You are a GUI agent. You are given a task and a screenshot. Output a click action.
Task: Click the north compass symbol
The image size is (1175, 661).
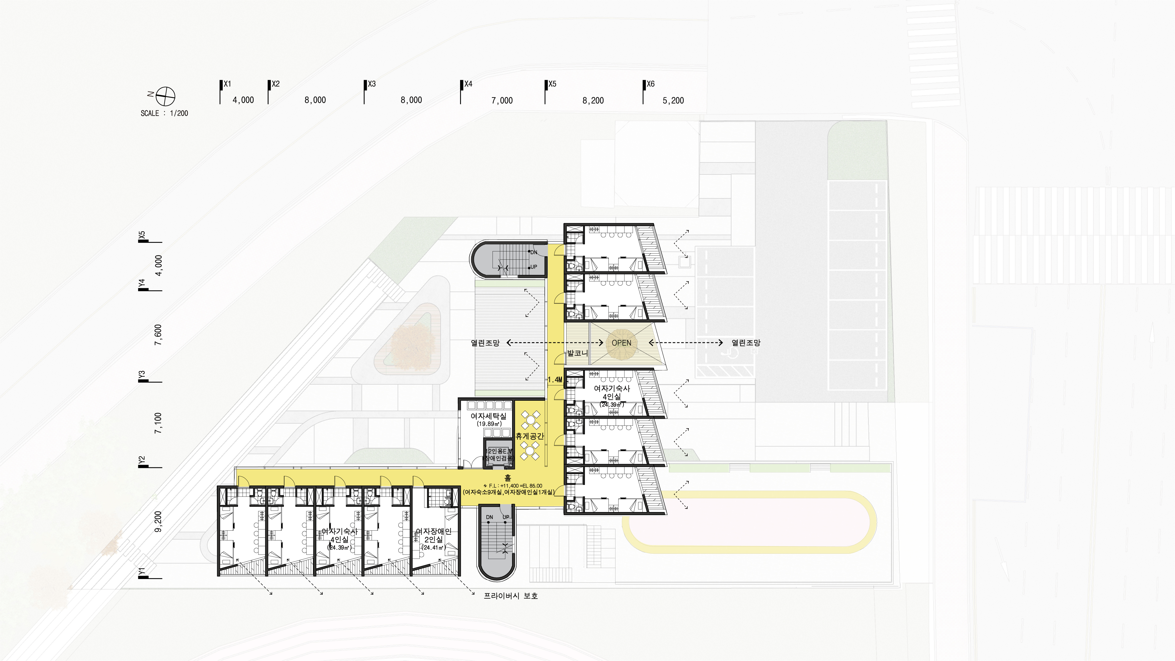coord(165,96)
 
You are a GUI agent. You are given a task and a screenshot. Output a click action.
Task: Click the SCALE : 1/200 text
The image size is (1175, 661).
coord(164,113)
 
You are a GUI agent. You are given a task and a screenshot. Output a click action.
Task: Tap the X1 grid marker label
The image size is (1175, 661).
coord(227,84)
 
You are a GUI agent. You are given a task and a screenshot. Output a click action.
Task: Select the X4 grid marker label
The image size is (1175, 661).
coord(468,84)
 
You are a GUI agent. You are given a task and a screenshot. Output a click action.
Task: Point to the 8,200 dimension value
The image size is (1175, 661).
coord(593,100)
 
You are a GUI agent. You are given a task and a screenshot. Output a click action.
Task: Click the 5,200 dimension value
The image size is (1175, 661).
coord(673,100)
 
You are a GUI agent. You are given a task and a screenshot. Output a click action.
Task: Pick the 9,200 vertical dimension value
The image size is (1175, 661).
coord(158,522)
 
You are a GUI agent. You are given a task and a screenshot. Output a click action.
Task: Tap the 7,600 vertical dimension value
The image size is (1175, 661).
coord(158,335)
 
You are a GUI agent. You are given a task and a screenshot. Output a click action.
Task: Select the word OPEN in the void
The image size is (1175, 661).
coord(621,343)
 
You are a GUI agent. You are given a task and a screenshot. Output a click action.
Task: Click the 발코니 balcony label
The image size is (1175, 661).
coord(578,353)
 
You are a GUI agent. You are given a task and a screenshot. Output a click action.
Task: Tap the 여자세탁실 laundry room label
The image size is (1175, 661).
coord(489,416)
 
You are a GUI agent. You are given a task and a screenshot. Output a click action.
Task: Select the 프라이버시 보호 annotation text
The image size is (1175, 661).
coord(511,596)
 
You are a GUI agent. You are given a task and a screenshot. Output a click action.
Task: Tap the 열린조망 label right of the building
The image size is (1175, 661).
coord(746,343)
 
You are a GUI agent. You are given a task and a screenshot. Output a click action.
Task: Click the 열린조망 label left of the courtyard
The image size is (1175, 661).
coord(485,343)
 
